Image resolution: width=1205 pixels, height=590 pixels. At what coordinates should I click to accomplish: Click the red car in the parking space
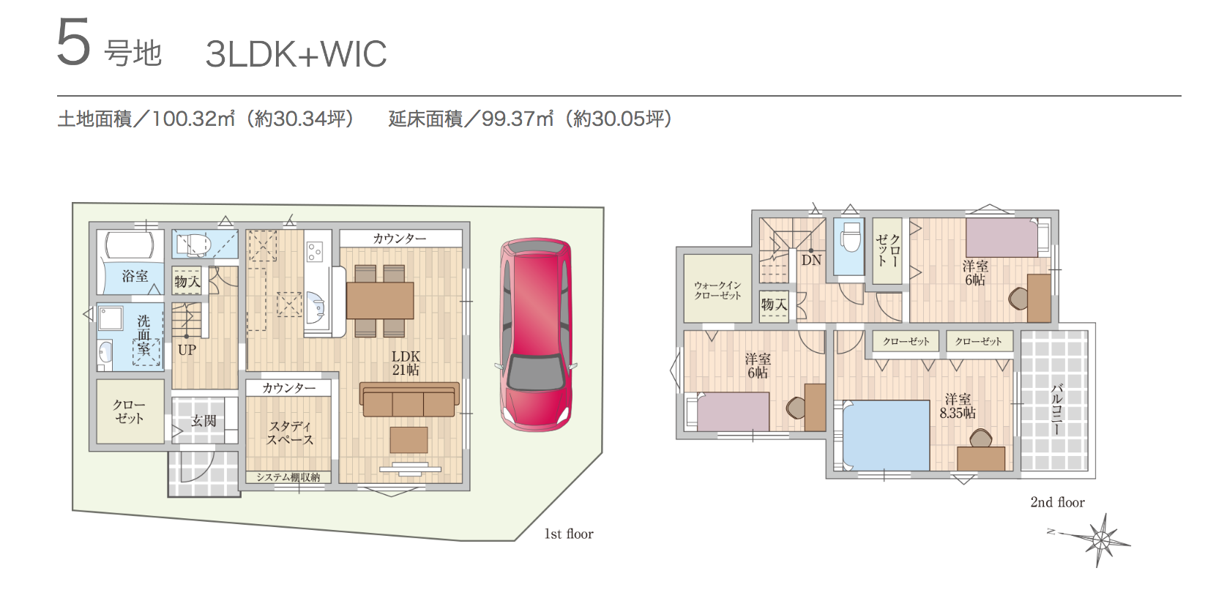point(536,335)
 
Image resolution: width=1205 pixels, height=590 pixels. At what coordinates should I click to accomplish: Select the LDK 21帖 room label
point(406,363)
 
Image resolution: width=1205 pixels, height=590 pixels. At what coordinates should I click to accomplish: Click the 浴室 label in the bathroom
point(135,277)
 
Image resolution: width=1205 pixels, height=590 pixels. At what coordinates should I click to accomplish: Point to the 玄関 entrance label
point(204,421)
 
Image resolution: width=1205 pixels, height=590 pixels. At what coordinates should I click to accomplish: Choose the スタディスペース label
point(290,433)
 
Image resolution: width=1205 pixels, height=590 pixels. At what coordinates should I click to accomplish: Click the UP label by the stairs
point(187,350)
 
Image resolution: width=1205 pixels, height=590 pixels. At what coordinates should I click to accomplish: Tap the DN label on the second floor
point(811,261)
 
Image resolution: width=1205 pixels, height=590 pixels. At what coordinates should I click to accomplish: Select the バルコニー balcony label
point(1056,408)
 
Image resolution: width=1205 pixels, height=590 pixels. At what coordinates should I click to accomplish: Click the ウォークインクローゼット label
point(717,291)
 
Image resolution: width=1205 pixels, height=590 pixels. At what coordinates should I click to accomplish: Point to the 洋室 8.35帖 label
point(958,406)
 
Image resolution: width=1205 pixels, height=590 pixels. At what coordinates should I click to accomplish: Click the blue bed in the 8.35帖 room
point(886,435)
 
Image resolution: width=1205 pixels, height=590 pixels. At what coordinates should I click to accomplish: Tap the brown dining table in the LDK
point(380,301)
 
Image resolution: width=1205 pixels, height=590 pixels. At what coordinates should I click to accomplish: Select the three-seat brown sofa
point(408,400)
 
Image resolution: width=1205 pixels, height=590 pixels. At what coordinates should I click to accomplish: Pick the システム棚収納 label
point(288,477)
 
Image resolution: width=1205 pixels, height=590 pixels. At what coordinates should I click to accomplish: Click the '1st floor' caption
point(569,534)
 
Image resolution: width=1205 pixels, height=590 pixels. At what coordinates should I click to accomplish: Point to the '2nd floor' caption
point(1057,502)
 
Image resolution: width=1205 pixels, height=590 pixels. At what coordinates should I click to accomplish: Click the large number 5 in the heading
point(73,43)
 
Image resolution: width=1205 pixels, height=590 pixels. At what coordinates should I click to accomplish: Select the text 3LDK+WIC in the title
point(296,53)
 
